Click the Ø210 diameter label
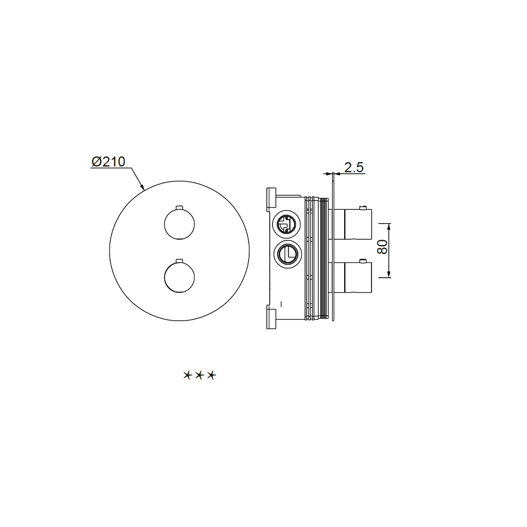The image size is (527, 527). (x=108, y=162)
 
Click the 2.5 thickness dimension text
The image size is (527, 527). (x=354, y=168)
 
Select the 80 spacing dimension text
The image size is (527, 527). (x=383, y=247)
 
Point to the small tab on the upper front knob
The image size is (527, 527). (x=180, y=207)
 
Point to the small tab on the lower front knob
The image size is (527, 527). (x=180, y=260)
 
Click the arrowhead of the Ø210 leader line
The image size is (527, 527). (x=142, y=187)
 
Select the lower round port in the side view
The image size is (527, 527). (x=288, y=255)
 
